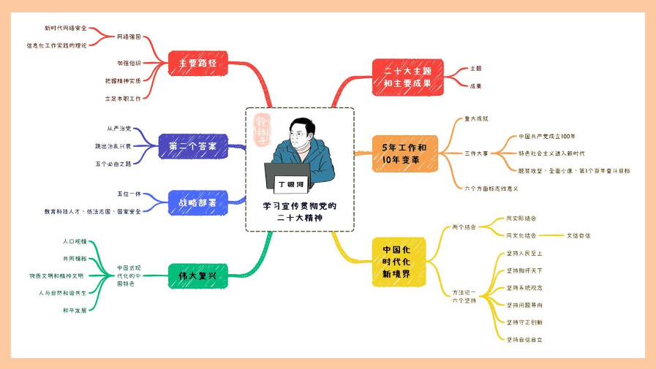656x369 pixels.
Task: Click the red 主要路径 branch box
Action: tap(198, 64)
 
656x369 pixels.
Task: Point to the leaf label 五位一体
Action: tap(129, 194)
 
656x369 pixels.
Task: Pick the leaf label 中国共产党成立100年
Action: tap(547, 136)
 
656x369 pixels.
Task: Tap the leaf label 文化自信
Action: tap(578, 235)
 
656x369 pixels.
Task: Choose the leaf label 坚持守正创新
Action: tap(524, 322)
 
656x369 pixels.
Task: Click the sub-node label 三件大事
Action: tap(476, 153)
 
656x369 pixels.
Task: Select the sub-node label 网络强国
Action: tap(129, 36)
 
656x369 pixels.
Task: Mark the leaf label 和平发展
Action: tap(75, 310)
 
